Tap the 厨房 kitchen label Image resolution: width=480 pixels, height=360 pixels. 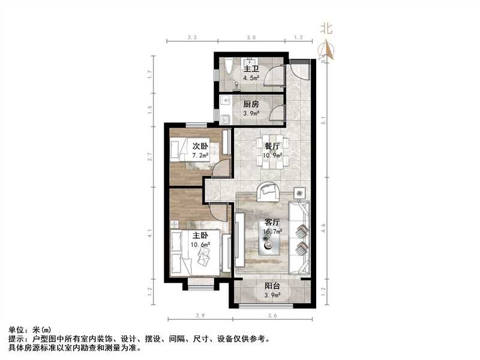[251, 104]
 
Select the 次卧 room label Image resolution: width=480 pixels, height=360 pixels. [200, 146]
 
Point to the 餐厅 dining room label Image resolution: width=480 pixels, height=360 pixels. [273, 146]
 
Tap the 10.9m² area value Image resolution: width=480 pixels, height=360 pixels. [273, 155]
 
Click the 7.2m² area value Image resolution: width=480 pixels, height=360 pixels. [200, 155]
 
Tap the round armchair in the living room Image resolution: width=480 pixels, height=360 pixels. [267, 191]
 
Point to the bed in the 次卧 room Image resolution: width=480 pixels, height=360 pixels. [181, 149]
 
